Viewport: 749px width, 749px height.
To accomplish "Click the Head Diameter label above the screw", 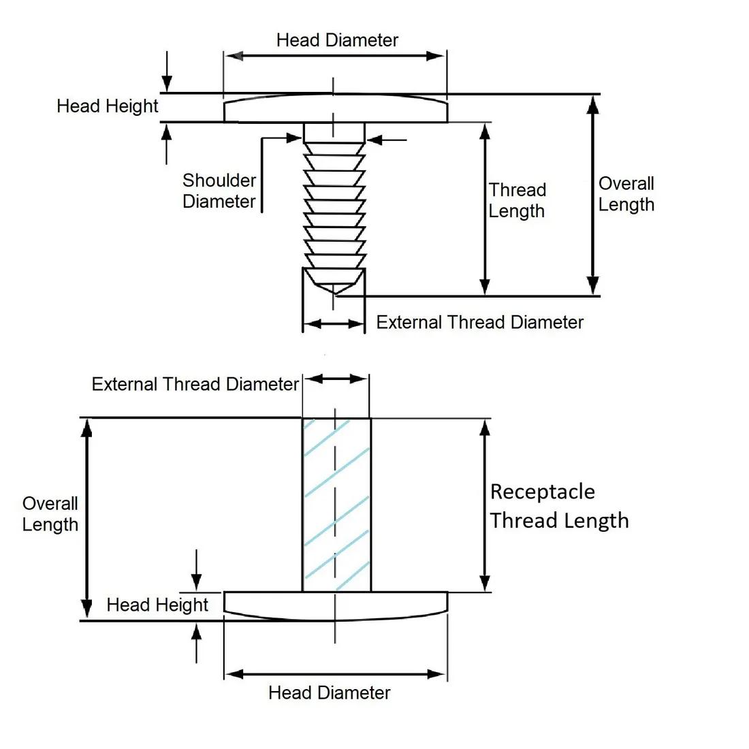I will (337, 40).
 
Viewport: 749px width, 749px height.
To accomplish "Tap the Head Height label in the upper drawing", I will (107, 106).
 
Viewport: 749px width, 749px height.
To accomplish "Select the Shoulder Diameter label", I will (219, 191).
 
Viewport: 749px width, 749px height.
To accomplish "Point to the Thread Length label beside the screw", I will (517, 200).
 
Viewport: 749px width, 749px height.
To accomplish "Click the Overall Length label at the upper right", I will (626, 194).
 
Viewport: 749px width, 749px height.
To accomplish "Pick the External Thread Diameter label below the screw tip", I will (479, 322).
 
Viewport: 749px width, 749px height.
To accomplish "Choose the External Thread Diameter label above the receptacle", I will (195, 385).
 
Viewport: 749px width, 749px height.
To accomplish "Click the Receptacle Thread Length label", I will (558, 506).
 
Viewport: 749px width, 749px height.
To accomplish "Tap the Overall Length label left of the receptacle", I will (50, 514).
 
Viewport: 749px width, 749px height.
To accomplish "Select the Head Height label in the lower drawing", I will (157, 605).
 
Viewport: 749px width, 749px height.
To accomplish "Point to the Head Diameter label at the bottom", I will (329, 693).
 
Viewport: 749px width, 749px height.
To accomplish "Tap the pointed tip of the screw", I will (334, 289).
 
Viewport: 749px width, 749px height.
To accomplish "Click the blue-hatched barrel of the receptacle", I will (336, 504).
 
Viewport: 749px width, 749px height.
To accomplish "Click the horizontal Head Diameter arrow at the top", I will (335, 56).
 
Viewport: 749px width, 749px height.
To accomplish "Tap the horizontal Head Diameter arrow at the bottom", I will (335, 674).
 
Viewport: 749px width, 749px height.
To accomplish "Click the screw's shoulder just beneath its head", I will (334, 132).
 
